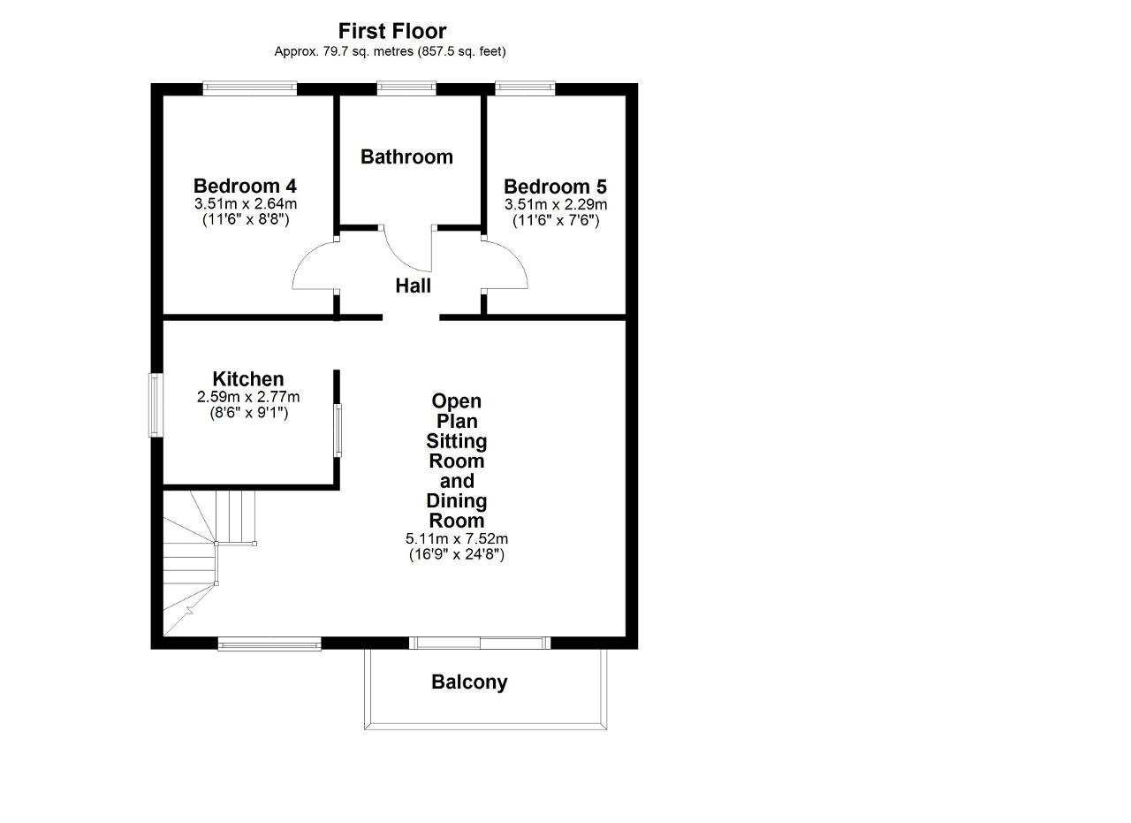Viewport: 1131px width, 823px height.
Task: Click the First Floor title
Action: (x=392, y=31)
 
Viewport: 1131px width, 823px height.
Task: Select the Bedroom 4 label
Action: (x=245, y=186)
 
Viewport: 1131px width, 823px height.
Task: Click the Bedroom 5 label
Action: (x=555, y=187)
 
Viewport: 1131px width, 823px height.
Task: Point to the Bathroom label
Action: (x=406, y=157)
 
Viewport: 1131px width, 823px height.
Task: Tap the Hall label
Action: (x=413, y=286)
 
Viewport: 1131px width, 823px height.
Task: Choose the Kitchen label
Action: (x=248, y=379)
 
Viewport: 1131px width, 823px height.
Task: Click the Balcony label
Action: (x=469, y=682)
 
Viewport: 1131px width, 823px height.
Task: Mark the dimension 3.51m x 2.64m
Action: (x=246, y=204)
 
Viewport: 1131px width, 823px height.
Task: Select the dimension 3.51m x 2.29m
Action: (x=556, y=204)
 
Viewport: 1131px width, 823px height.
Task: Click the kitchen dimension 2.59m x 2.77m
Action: (x=248, y=397)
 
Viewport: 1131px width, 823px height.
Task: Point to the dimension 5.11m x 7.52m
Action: (x=457, y=538)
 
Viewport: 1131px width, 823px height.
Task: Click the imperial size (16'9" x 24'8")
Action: (x=457, y=555)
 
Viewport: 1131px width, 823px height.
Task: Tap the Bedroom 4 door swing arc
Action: (x=302, y=257)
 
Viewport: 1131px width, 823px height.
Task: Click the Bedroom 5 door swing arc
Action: (x=518, y=256)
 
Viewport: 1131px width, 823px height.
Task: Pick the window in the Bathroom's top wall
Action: (x=406, y=88)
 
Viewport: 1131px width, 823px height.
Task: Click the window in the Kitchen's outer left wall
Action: (x=156, y=405)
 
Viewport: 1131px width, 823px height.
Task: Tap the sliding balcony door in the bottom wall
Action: (x=479, y=643)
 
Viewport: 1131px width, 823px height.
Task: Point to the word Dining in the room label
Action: (x=457, y=501)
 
